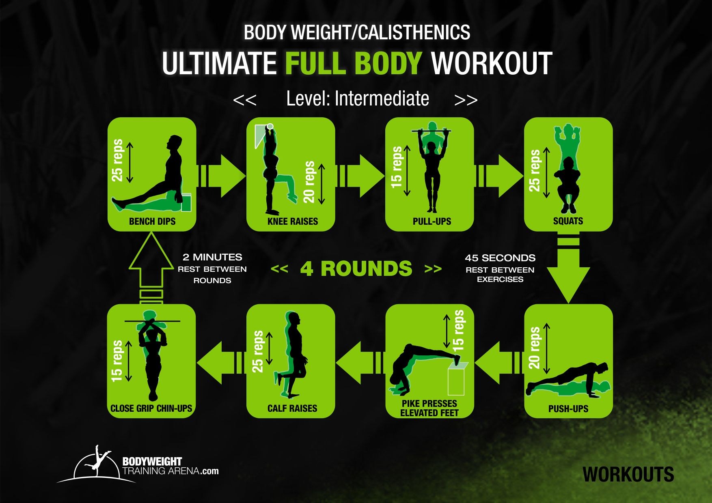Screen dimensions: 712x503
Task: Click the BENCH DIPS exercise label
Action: (152, 221)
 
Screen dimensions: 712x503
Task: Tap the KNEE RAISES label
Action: (293, 221)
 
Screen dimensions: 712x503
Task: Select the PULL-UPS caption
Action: (432, 221)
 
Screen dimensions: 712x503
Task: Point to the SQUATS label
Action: (568, 221)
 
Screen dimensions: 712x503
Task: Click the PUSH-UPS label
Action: (568, 409)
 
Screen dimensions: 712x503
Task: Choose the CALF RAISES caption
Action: (292, 408)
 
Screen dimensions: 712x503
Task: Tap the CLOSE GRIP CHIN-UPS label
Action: (151, 408)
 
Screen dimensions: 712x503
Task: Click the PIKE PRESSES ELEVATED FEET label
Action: (429, 408)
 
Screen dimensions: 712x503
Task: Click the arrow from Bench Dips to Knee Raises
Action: (222, 176)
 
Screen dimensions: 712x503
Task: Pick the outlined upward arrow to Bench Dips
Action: (151, 268)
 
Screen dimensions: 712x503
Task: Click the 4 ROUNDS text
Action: (356, 269)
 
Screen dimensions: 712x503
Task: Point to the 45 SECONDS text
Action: (500, 258)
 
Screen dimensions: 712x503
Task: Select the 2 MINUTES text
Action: (212, 257)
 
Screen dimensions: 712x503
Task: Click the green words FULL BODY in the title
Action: (354, 63)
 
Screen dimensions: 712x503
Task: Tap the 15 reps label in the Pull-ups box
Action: (397, 168)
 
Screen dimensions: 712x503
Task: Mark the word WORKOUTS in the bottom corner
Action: (628, 475)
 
